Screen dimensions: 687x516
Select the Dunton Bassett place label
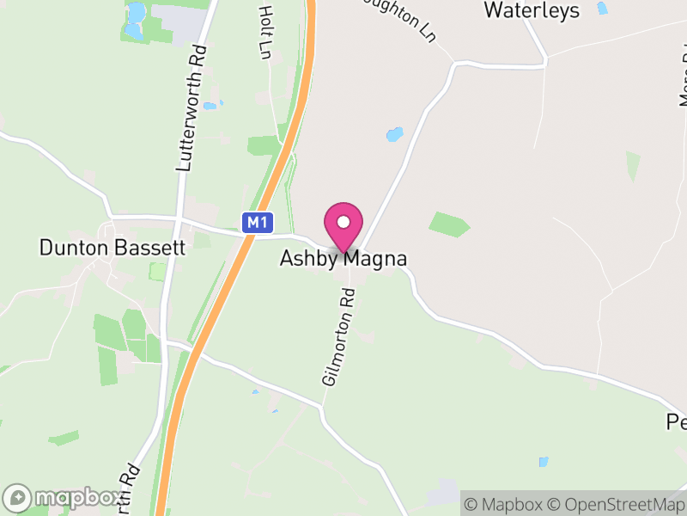[x=112, y=248]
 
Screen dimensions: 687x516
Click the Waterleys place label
[x=532, y=10]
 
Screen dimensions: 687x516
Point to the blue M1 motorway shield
[x=257, y=223]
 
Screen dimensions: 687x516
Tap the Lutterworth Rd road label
[x=192, y=107]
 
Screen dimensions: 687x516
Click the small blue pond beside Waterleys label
[x=602, y=9]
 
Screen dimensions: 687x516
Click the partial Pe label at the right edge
[x=677, y=422]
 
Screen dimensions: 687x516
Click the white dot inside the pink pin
[x=343, y=222]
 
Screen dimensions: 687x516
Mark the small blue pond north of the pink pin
[x=394, y=134]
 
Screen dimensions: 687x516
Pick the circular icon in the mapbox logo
[x=17, y=498]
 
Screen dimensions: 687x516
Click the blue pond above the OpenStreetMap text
[x=543, y=462]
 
